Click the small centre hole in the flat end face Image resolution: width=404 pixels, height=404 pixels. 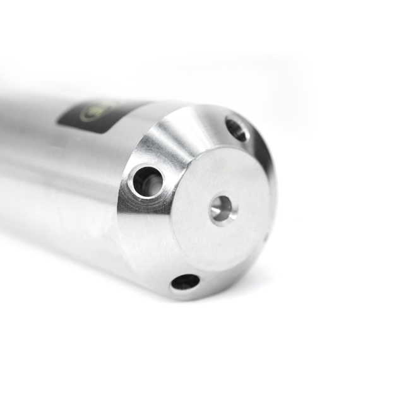pyautogui.click(x=222, y=209)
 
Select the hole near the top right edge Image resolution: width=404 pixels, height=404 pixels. pyautogui.click(x=237, y=129)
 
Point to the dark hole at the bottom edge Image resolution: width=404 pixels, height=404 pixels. pyautogui.click(x=185, y=282)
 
